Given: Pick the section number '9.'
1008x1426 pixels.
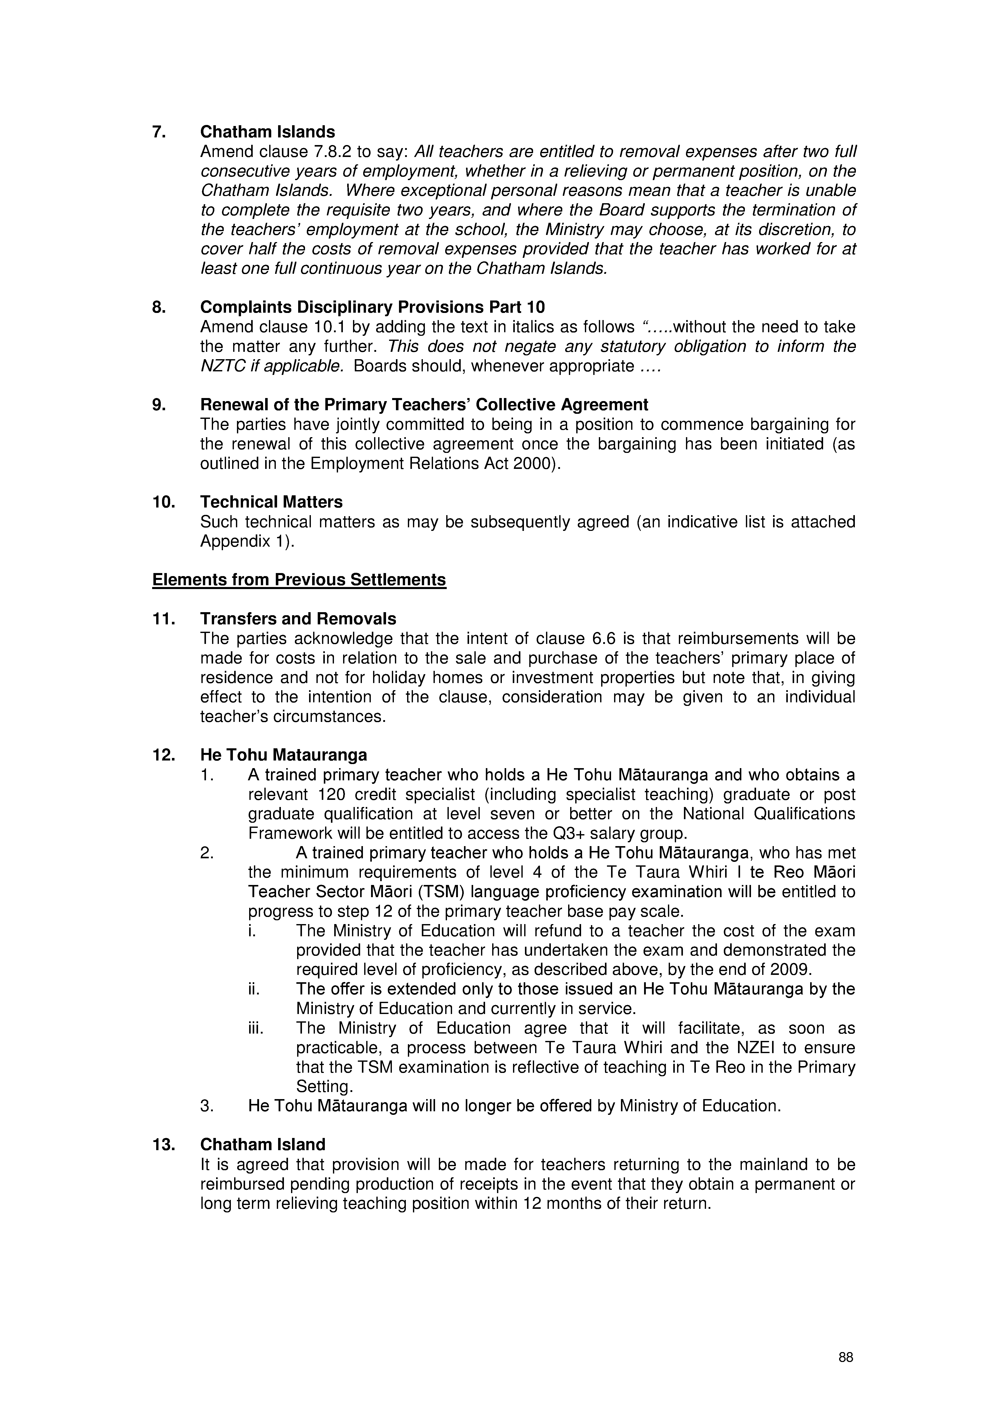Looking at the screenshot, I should (x=159, y=405).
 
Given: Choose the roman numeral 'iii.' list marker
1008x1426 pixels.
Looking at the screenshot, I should (x=255, y=1028).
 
